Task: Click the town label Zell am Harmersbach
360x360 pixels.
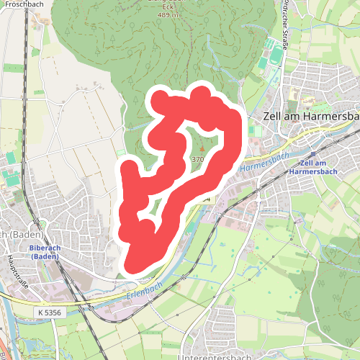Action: (x=302, y=117)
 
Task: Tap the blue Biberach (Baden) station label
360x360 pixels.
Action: (x=45, y=252)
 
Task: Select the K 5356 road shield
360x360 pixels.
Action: (x=49, y=312)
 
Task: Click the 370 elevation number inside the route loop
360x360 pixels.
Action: (x=198, y=158)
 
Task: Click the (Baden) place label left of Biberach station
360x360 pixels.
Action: (x=20, y=235)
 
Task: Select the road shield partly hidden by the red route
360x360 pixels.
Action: (x=207, y=198)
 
